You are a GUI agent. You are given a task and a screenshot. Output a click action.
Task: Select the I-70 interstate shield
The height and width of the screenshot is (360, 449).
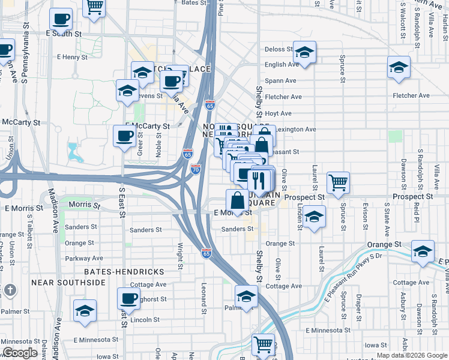click(196, 170)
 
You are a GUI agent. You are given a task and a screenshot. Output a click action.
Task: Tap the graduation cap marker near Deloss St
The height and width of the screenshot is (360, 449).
click(305, 52)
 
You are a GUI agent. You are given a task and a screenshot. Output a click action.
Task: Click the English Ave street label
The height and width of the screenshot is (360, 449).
click(282, 65)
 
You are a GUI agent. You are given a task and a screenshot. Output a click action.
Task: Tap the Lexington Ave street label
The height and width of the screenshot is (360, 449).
click(298, 129)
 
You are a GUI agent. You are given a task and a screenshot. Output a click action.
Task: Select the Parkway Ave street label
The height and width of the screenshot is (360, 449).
click(84, 259)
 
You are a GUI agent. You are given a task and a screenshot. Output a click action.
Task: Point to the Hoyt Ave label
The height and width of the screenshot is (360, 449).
click(278, 113)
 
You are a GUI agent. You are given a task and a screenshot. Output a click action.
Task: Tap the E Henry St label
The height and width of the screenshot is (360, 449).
click(73, 57)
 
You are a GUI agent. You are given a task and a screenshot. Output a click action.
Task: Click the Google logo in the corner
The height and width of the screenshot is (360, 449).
click(20, 353)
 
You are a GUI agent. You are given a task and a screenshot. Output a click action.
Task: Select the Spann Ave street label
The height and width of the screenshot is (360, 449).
click(280, 80)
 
